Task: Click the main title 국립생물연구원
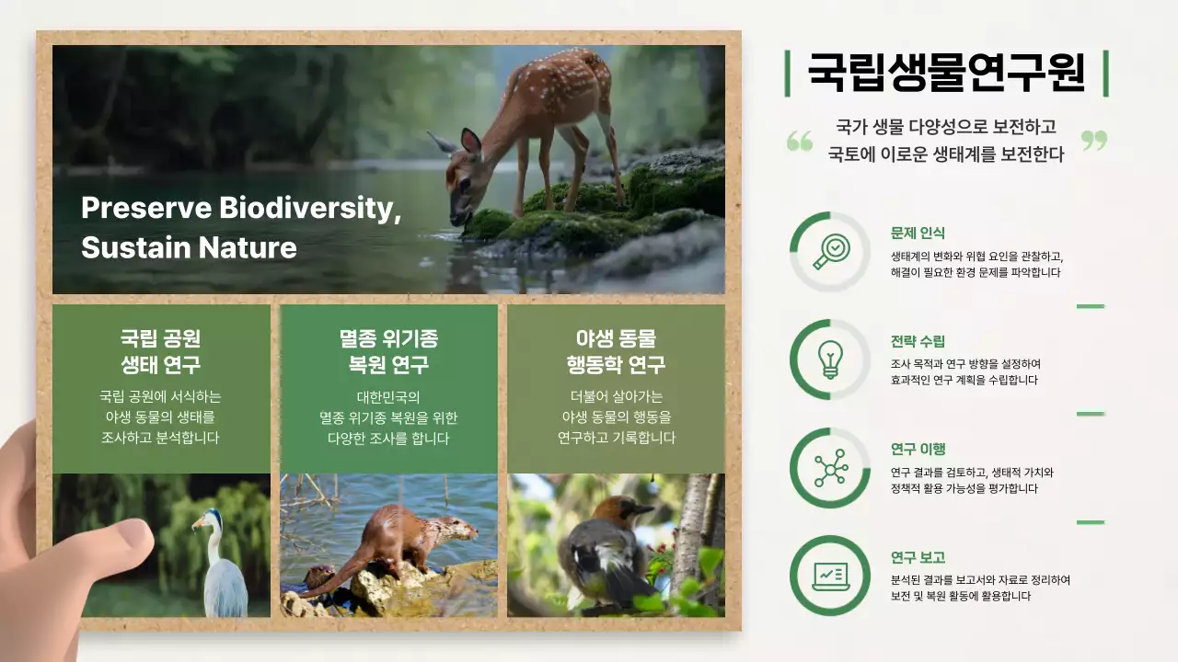coord(946,74)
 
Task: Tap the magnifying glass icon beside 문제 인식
coord(831,251)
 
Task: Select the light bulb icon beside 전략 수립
coord(830,360)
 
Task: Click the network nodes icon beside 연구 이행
coord(830,468)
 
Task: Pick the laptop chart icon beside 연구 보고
coord(830,576)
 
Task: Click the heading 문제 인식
coord(918,234)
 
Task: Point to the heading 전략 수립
coord(918,341)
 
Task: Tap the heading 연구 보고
coord(918,558)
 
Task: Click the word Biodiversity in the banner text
coord(310,209)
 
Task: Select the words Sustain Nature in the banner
coord(189,247)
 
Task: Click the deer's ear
coord(470,141)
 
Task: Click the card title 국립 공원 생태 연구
coord(161,351)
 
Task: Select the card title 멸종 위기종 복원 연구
coord(388,351)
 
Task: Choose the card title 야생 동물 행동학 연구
coord(616,351)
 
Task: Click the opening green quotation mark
coord(800,141)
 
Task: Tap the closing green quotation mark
coord(1093,141)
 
